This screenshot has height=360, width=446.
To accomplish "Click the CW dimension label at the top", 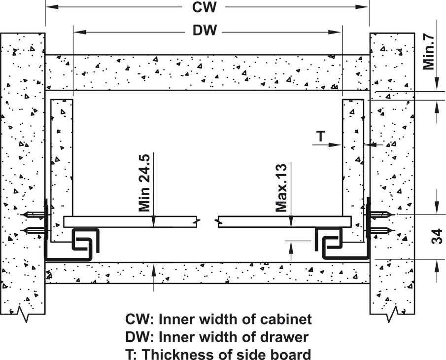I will pyautogui.click(x=206, y=8).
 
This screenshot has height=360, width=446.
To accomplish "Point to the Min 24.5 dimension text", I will pyautogui.click(x=144, y=182).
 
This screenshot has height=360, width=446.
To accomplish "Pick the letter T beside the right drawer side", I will pyautogui.click(x=320, y=137).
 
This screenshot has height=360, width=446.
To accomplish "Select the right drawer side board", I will pyautogui.click(x=352, y=158).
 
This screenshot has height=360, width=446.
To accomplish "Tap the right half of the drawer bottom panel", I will pyautogui.click(x=281, y=221).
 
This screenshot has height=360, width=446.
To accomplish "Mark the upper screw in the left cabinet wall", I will pyautogui.click(x=34, y=215).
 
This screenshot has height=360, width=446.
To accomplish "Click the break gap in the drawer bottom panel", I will pyautogui.click(x=207, y=221).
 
